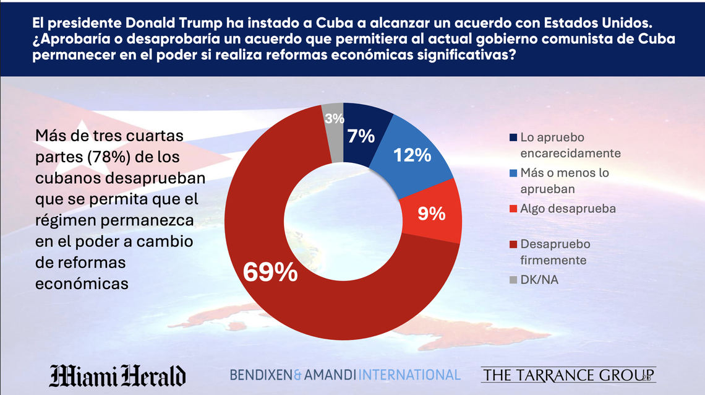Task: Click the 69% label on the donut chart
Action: [x=269, y=272]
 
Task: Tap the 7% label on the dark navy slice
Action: [x=361, y=136]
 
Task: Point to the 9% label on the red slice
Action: [x=432, y=214]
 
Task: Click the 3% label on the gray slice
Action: [x=335, y=119]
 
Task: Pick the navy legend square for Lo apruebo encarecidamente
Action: [x=513, y=137]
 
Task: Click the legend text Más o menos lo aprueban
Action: [x=565, y=181]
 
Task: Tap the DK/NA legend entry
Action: [x=540, y=280]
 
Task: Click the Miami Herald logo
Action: [x=117, y=375]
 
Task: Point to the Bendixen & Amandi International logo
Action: [x=345, y=375]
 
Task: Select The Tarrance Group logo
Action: [x=568, y=375]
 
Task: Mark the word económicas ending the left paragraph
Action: [x=82, y=283]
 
